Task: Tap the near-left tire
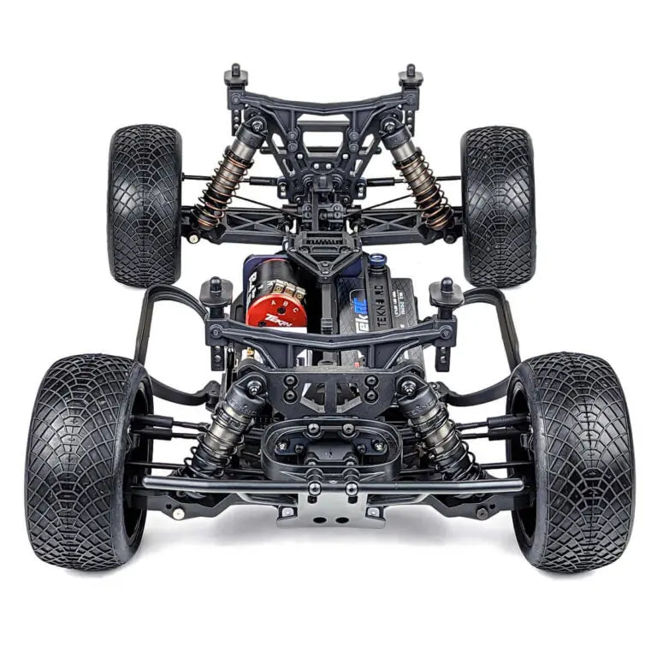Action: [x=84, y=462]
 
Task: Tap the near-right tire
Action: [x=572, y=462]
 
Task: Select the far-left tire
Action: [x=144, y=205]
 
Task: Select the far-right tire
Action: [x=498, y=205]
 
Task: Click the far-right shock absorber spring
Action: [x=424, y=185]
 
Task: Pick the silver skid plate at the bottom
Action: [x=328, y=511]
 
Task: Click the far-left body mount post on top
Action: [x=236, y=76]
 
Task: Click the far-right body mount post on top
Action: [x=411, y=76]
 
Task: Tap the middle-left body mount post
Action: [x=215, y=293]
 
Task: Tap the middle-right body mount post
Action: [x=446, y=293]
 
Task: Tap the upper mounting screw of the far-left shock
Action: [x=256, y=127]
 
